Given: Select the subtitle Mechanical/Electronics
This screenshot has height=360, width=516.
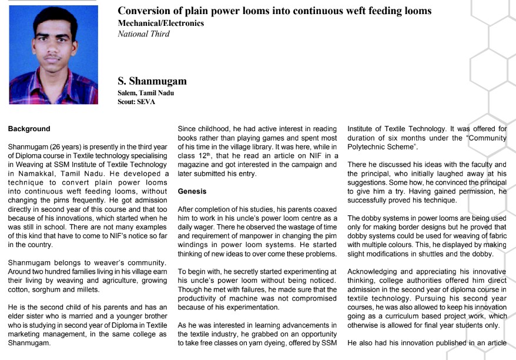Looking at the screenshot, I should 160,24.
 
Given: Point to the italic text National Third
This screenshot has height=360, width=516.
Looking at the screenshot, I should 143,34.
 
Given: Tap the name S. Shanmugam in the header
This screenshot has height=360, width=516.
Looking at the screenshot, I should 152,81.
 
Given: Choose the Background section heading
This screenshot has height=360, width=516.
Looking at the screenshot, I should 29,128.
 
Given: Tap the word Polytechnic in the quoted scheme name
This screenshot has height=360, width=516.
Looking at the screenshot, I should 369,147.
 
